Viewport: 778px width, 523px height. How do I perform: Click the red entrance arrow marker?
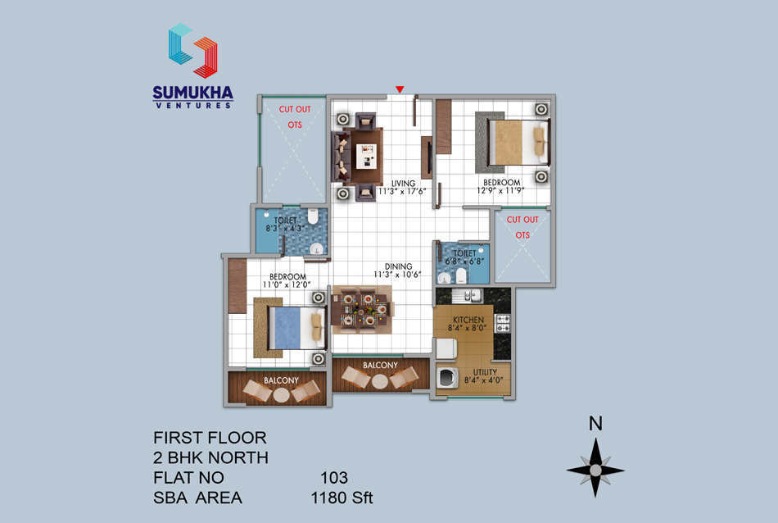click(x=400, y=89)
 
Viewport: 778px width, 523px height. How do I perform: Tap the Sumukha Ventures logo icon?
click(x=193, y=51)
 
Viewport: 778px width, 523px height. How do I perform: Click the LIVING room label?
click(x=403, y=184)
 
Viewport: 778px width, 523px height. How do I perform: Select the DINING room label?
click(x=399, y=266)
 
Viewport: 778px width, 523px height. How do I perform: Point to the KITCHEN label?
click(x=468, y=320)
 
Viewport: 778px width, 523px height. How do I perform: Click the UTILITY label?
click(x=485, y=372)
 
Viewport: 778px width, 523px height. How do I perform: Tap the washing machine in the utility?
click(x=447, y=377)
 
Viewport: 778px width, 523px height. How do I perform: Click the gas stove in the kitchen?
click(x=503, y=323)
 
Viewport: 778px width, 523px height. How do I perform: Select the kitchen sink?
click(x=467, y=296)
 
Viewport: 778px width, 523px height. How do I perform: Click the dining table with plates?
click(x=363, y=310)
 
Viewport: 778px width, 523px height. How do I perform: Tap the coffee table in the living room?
click(x=367, y=157)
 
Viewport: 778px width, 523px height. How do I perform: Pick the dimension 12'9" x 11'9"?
click(x=500, y=191)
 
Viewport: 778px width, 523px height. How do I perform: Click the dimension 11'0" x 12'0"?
click(x=287, y=284)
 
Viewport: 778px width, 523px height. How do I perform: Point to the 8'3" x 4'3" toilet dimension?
click(x=284, y=229)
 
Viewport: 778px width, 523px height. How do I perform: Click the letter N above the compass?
click(x=595, y=424)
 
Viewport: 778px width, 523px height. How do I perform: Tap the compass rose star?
click(x=595, y=469)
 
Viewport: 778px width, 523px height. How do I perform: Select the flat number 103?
click(x=334, y=478)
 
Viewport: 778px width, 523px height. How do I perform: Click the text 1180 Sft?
click(x=342, y=498)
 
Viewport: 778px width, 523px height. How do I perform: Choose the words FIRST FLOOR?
click(x=210, y=438)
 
